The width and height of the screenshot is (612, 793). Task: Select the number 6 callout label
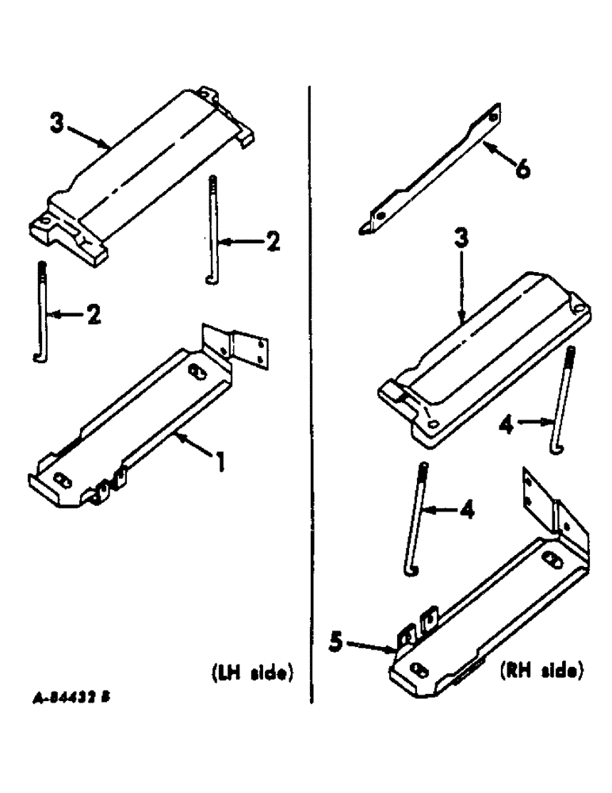point(522,169)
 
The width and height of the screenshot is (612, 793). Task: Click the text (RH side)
point(542,672)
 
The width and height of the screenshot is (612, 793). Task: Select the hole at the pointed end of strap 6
point(380,215)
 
